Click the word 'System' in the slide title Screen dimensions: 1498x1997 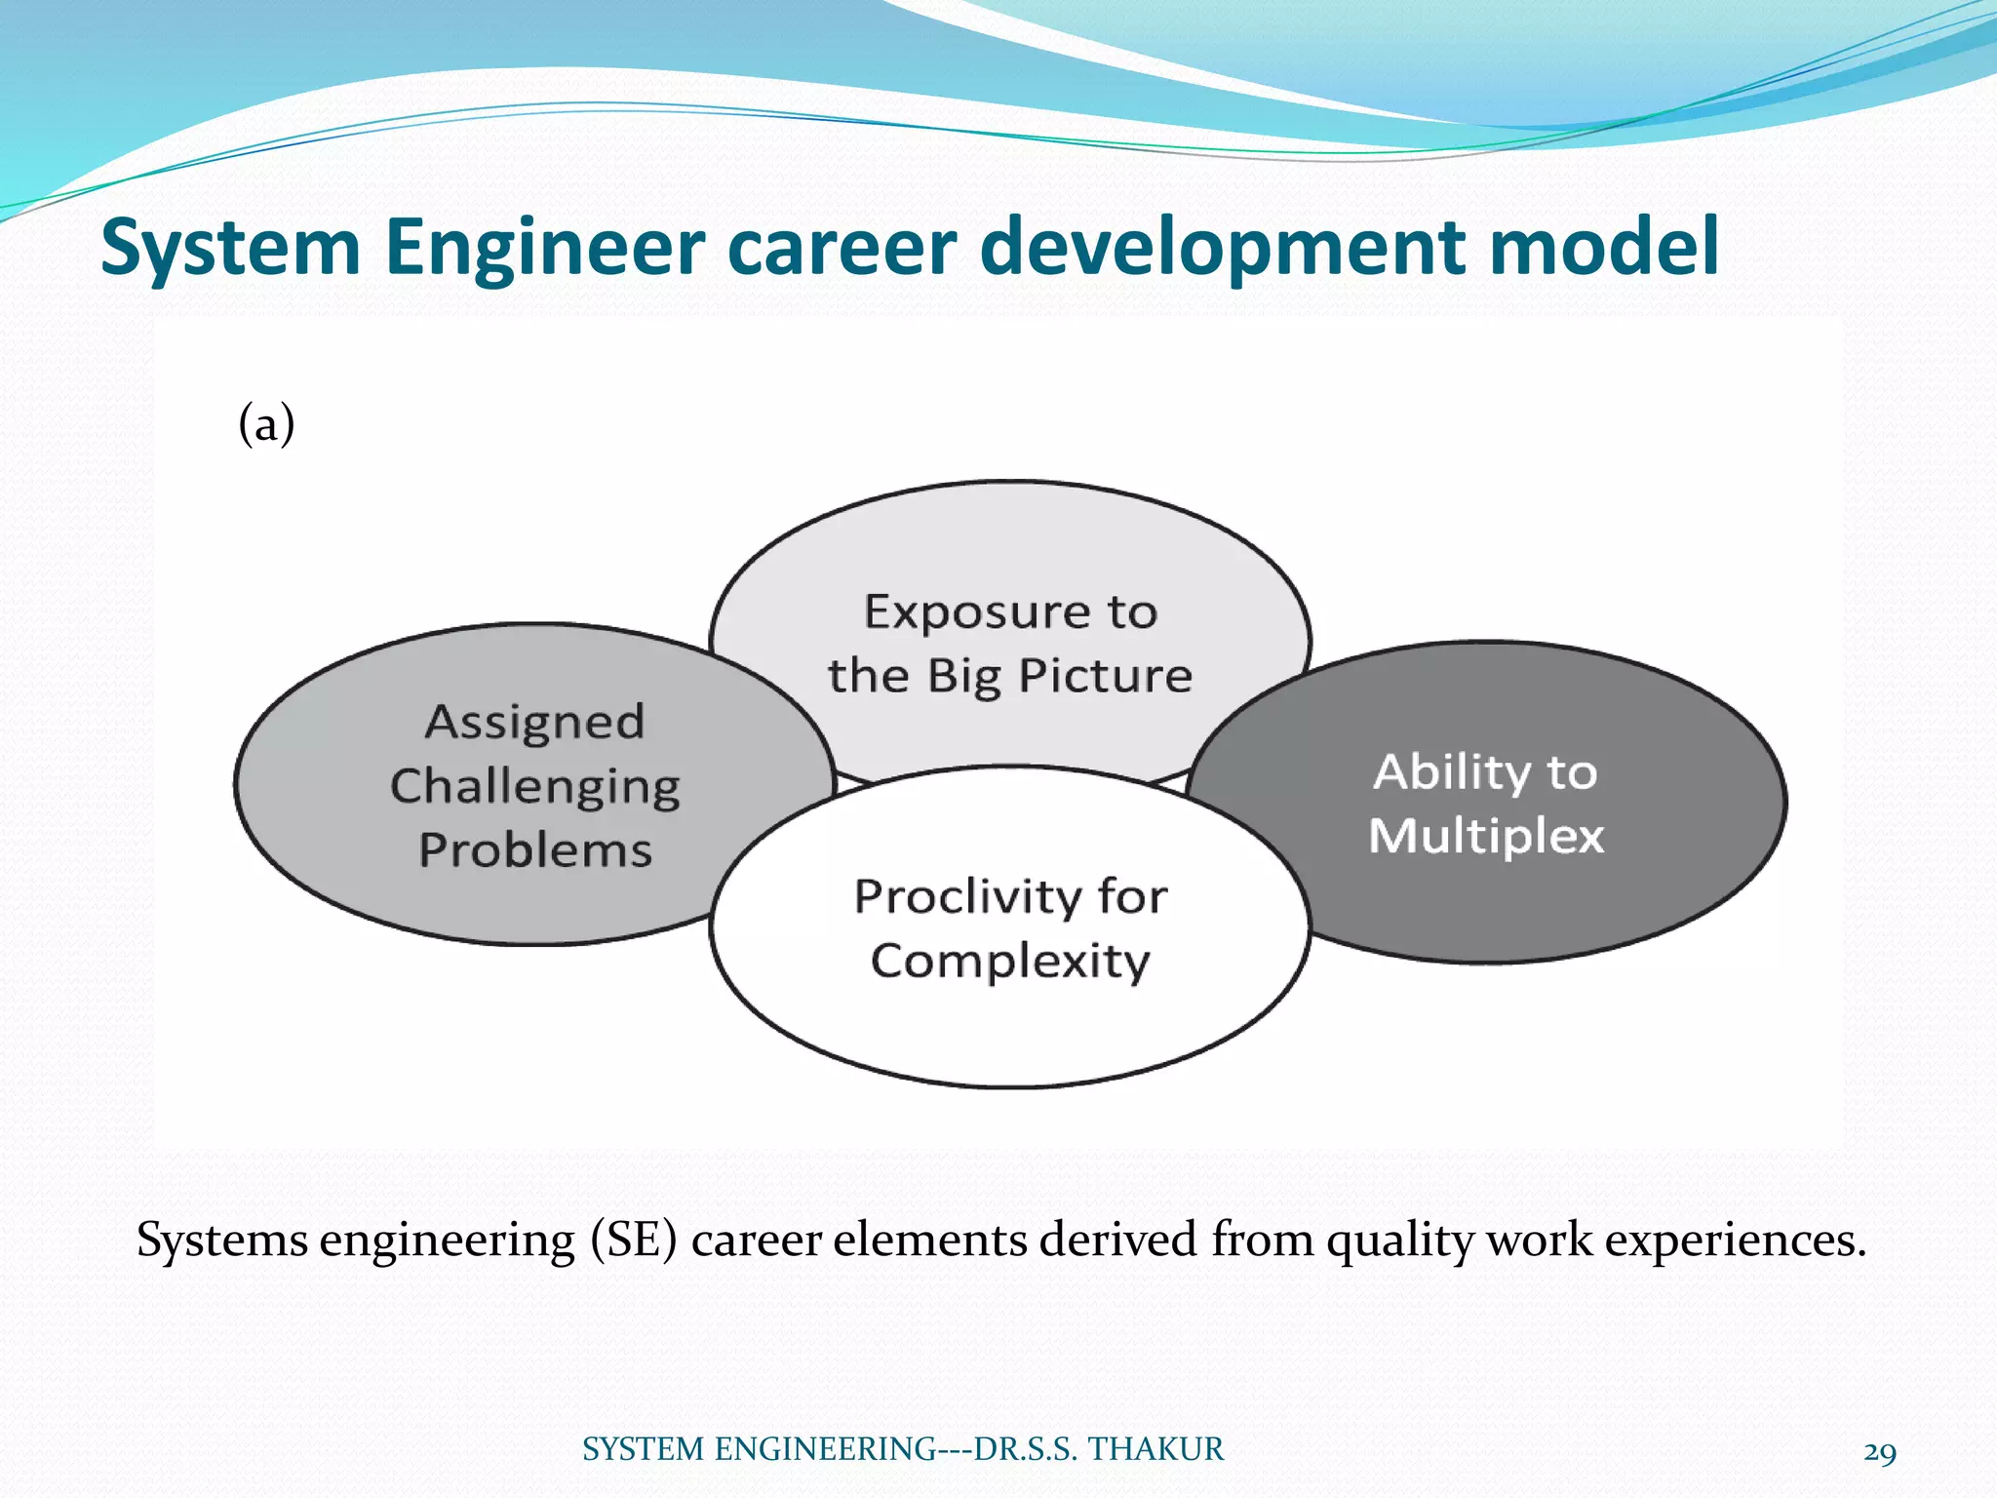(231, 248)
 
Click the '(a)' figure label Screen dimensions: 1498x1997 (266, 425)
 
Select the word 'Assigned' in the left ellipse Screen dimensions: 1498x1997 (534, 724)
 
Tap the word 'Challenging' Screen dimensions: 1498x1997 (534, 787)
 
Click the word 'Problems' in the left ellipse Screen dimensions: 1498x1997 (534, 850)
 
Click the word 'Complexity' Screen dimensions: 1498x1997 (1010, 962)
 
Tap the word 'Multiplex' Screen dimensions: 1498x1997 (1486, 837)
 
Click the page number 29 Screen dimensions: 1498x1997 (1879, 1453)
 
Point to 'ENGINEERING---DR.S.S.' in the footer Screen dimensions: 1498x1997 (896, 1449)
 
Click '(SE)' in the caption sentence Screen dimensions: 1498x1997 (633, 1241)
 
